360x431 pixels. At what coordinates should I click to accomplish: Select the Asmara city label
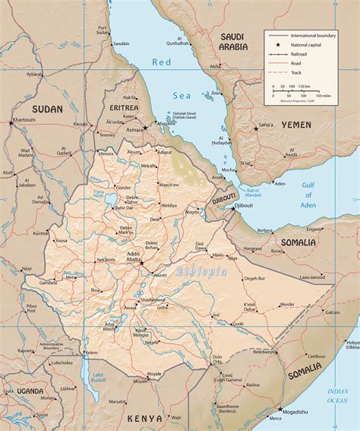tap(134, 130)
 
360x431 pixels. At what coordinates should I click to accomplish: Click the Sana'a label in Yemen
tap(266, 124)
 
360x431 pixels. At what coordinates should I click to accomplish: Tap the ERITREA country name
tap(123, 108)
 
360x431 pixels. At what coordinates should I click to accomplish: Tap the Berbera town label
tap(265, 230)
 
